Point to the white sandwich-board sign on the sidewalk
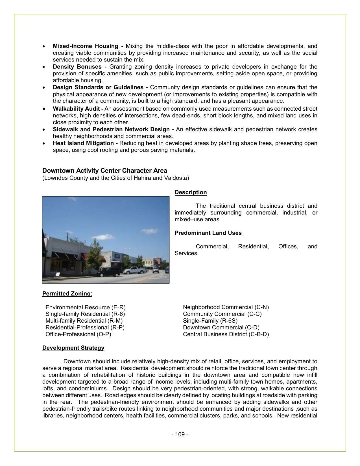click(57, 275)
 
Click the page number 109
click(180, 434)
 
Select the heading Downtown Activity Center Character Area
click(104, 170)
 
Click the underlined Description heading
click(191, 192)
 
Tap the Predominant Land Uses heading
click(208, 233)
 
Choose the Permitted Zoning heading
click(67, 294)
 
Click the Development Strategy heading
click(73, 348)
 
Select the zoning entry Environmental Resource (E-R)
click(85, 307)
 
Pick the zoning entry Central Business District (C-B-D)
click(226, 334)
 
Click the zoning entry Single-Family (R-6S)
click(210, 321)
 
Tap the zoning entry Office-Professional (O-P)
click(78, 334)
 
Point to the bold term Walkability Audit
click(77, 109)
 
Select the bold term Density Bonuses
click(77, 67)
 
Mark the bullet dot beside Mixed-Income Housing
click(43, 46)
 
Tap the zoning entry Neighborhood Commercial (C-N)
click(226, 307)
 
